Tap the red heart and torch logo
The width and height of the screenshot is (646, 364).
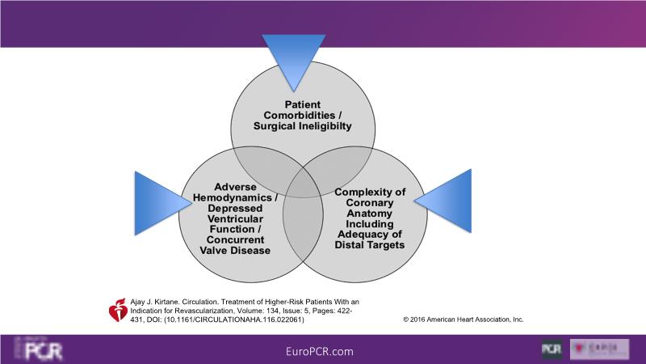click(x=117, y=310)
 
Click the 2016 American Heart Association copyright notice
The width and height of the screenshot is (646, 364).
click(x=463, y=320)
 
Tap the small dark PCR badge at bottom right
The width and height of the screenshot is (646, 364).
click(x=552, y=349)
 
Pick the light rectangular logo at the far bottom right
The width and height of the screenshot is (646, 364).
click(x=600, y=349)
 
